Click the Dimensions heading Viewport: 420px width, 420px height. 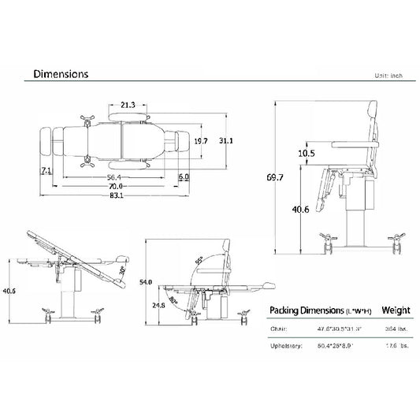(60, 74)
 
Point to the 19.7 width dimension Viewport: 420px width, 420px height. (200, 141)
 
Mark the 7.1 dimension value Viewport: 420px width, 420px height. (45, 171)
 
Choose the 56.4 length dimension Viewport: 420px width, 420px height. (115, 178)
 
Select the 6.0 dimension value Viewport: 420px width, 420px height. (183, 178)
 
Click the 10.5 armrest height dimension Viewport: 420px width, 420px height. (307, 154)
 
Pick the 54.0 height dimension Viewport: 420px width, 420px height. (144, 281)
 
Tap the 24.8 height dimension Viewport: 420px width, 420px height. (158, 304)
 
